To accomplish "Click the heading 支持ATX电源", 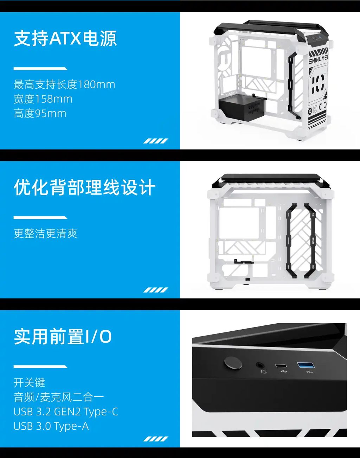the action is [65, 38].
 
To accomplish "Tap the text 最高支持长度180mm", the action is [64, 84].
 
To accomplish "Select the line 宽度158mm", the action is [43, 99].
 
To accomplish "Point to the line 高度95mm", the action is [40, 113].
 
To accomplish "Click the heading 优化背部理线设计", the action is [84, 187].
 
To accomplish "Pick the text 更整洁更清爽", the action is [45, 234].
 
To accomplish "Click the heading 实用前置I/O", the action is [63, 337].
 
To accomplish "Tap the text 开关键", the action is [30, 382].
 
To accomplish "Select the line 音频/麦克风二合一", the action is [58, 397].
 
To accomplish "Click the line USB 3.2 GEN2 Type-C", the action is [65, 412].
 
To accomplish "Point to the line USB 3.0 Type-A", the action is [51, 426].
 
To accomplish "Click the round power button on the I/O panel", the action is [233, 363].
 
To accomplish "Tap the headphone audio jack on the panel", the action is [260, 365].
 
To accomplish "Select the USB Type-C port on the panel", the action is [281, 366].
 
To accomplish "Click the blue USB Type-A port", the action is [306, 365].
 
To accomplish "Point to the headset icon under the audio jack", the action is [263, 371].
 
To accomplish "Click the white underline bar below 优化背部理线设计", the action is [40, 217].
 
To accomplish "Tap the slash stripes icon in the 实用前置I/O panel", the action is [155, 439].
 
